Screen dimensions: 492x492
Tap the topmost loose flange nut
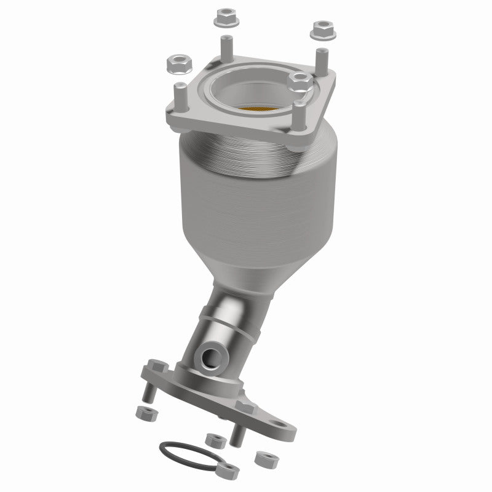click(x=223, y=19)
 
